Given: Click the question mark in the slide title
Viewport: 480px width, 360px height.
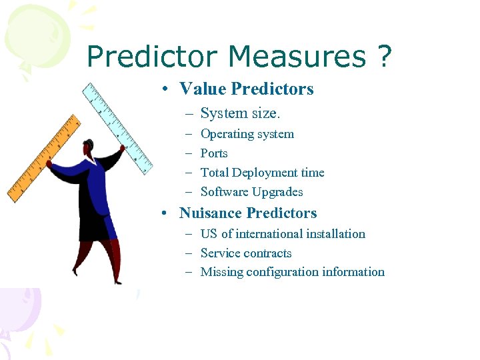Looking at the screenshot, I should pos(383,57).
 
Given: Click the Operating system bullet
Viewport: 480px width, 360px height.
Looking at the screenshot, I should pos(247,134).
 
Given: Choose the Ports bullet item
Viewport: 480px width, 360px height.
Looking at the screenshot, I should pos(214,153).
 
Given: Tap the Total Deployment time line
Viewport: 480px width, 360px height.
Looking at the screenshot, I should pos(262,173).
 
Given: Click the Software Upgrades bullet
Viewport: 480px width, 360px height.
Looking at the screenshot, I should pos(251,192).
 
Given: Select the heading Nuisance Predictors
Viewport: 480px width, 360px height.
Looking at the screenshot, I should pos(248,213).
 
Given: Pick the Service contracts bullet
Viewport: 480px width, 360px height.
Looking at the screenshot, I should pos(246,253).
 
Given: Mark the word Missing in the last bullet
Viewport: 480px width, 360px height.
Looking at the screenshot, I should pos(221,272).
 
